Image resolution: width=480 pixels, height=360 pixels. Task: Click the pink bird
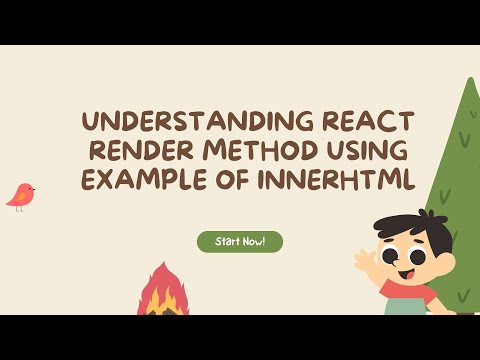pos(21,196)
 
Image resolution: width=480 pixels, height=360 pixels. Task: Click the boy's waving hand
pos(364,258)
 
